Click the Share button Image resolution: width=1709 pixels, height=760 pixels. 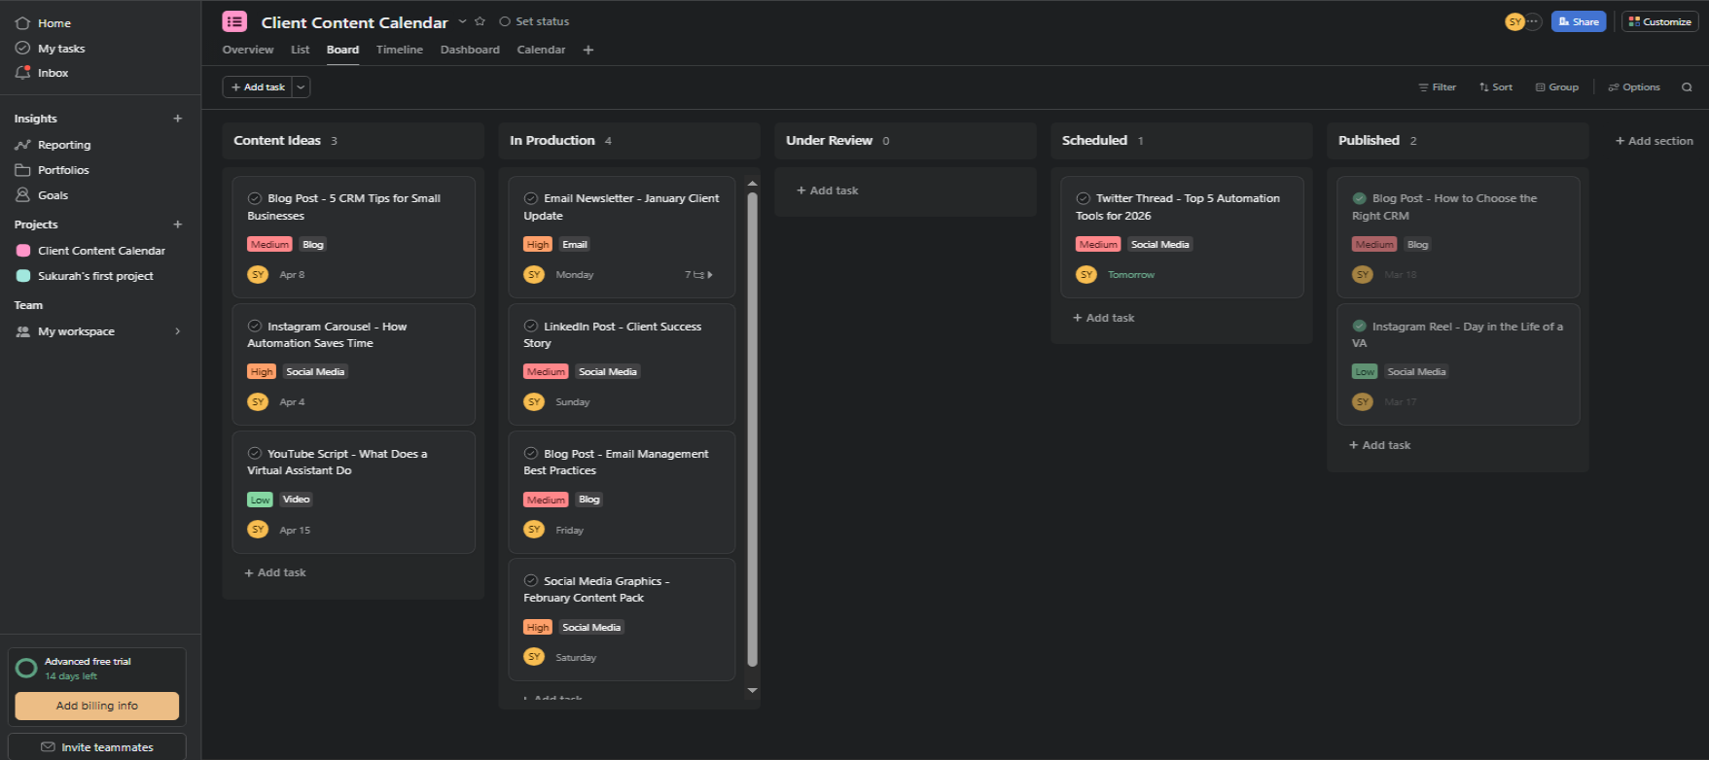click(x=1578, y=21)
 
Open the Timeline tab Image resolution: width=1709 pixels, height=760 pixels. click(x=399, y=50)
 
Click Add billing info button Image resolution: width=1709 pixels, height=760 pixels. click(x=97, y=706)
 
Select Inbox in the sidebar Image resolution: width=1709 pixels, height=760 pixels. click(x=53, y=73)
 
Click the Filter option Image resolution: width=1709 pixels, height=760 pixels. click(x=1437, y=87)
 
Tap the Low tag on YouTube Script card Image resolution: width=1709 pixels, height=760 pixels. click(x=260, y=500)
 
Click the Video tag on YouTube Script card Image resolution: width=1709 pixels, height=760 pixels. click(x=296, y=500)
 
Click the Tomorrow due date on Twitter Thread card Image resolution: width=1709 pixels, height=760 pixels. click(x=1130, y=275)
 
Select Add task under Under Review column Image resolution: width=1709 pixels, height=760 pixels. click(x=828, y=190)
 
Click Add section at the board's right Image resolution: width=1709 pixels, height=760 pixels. click(x=1654, y=141)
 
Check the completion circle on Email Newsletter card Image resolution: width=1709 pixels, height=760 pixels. click(x=531, y=198)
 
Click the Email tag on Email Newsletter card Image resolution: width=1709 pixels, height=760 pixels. click(x=575, y=245)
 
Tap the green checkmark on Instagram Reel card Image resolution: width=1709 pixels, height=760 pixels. click(x=1360, y=327)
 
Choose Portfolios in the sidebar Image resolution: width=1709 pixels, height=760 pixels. click(x=63, y=170)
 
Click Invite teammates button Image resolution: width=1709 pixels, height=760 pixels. click(x=97, y=747)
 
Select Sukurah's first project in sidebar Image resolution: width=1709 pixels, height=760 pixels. click(x=95, y=276)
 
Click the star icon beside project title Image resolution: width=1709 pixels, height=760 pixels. click(x=480, y=21)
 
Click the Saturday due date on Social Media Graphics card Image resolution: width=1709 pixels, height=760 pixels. click(x=576, y=658)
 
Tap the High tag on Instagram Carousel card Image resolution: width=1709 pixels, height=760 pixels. click(x=262, y=372)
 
